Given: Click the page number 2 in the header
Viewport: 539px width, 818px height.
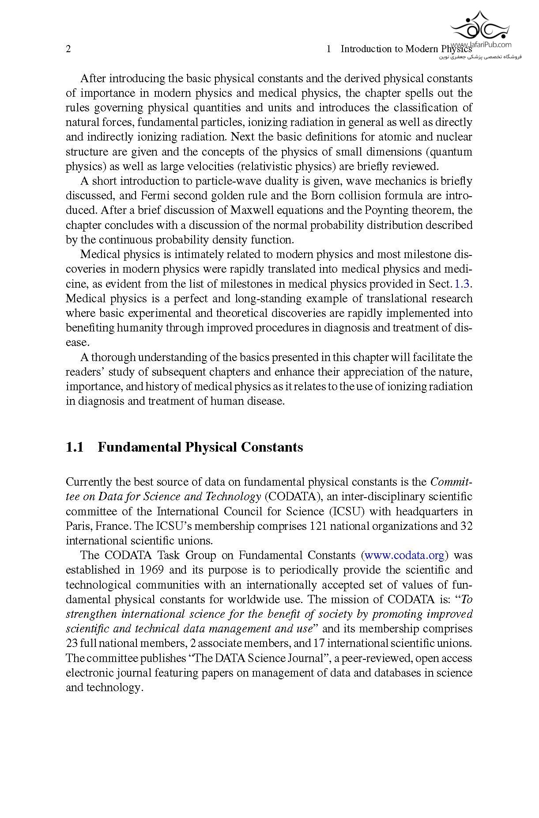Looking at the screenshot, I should coord(68,49).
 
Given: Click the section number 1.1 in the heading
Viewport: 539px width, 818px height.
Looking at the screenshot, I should coord(75,447).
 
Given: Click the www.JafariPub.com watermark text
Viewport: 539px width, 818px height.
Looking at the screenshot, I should coord(481,45).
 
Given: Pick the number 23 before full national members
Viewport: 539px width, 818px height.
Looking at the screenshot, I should coord(72,643).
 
